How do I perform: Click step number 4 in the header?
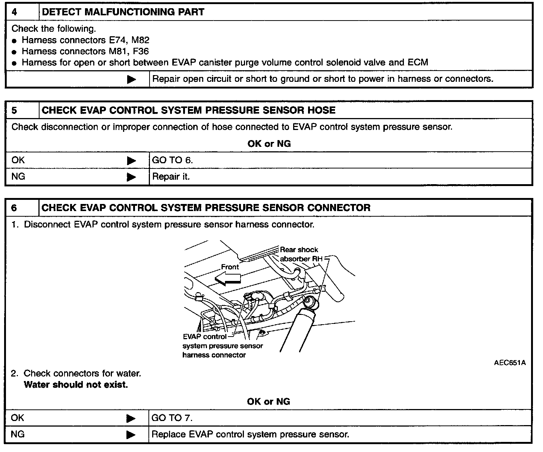click(x=14, y=12)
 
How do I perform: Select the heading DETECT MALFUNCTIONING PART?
click(x=123, y=12)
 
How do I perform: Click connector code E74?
click(x=116, y=40)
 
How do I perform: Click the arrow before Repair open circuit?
click(x=131, y=79)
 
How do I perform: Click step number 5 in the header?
click(x=14, y=110)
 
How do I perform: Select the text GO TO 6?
click(x=172, y=160)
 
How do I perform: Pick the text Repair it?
click(x=171, y=177)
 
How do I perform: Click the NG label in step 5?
click(x=18, y=176)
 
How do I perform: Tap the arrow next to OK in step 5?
click(x=131, y=161)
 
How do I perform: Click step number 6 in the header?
click(x=14, y=208)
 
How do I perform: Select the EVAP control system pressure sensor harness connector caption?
click(x=222, y=346)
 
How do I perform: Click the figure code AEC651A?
click(x=509, y=363)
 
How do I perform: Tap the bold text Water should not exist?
click(x=76, y=385)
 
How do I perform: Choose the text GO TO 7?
click(x=172, y=418)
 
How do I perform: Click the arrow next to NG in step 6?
click(x=131, y=435)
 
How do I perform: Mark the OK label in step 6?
click(x=18, y=418)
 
